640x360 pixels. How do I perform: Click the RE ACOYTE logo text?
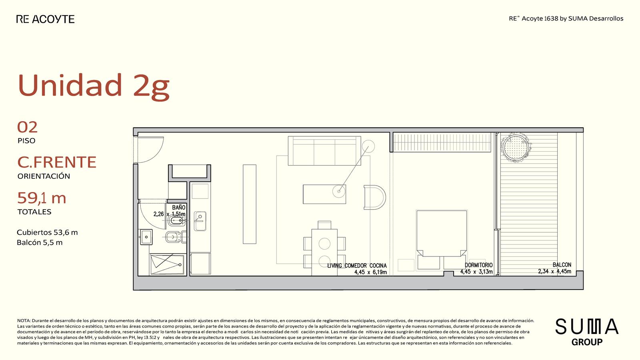point(46,19)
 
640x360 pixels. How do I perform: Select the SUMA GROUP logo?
point(587,332)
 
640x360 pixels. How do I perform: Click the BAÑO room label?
point(178,208)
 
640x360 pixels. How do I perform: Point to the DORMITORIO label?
point(478,265)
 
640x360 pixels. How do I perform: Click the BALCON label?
point(562,265)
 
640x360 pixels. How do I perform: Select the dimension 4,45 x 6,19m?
point(370,272)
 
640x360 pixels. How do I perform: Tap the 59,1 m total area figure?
point(42,198)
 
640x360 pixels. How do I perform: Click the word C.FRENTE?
point(57,162)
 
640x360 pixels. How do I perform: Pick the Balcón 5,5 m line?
point(40,242)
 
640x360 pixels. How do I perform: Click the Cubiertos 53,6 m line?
point(47,232)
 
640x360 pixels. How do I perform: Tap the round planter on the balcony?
point(516,148)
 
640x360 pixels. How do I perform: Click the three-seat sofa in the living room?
point(324,151)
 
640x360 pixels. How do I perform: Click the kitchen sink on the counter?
point(200,221)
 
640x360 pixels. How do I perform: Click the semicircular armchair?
point(374,198)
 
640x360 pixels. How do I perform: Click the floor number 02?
point(28,128)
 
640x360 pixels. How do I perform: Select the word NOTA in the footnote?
point(24,321)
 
